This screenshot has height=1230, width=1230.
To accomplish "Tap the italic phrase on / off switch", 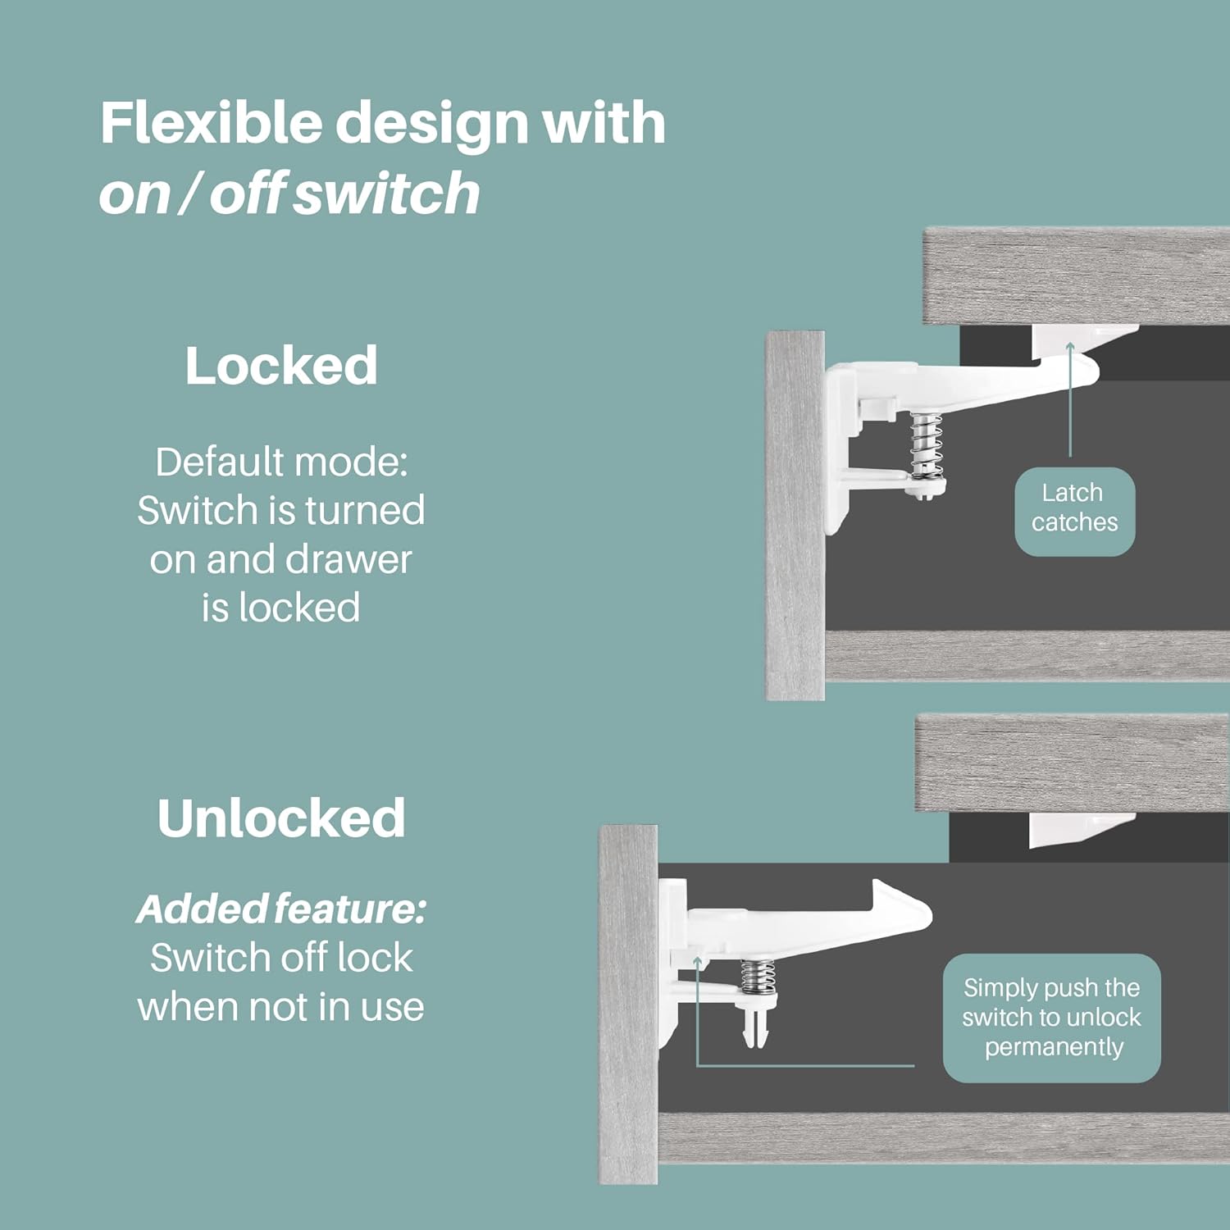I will [289, 194].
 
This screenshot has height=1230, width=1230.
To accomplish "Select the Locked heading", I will [280, 366].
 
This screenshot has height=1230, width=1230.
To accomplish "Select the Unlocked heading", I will [280, 818].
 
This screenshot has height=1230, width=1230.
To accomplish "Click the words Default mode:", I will [280, 462].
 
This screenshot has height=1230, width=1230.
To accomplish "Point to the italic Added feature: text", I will [280, 909].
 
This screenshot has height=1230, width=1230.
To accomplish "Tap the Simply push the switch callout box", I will [1051, 1018].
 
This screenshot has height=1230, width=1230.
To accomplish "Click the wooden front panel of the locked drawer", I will [795, 517].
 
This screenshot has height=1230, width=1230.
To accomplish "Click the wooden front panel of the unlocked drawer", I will [628, 1004].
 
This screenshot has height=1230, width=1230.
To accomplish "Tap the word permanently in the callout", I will [1053, 1047].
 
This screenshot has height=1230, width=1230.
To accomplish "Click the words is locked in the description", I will [280, 608].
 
